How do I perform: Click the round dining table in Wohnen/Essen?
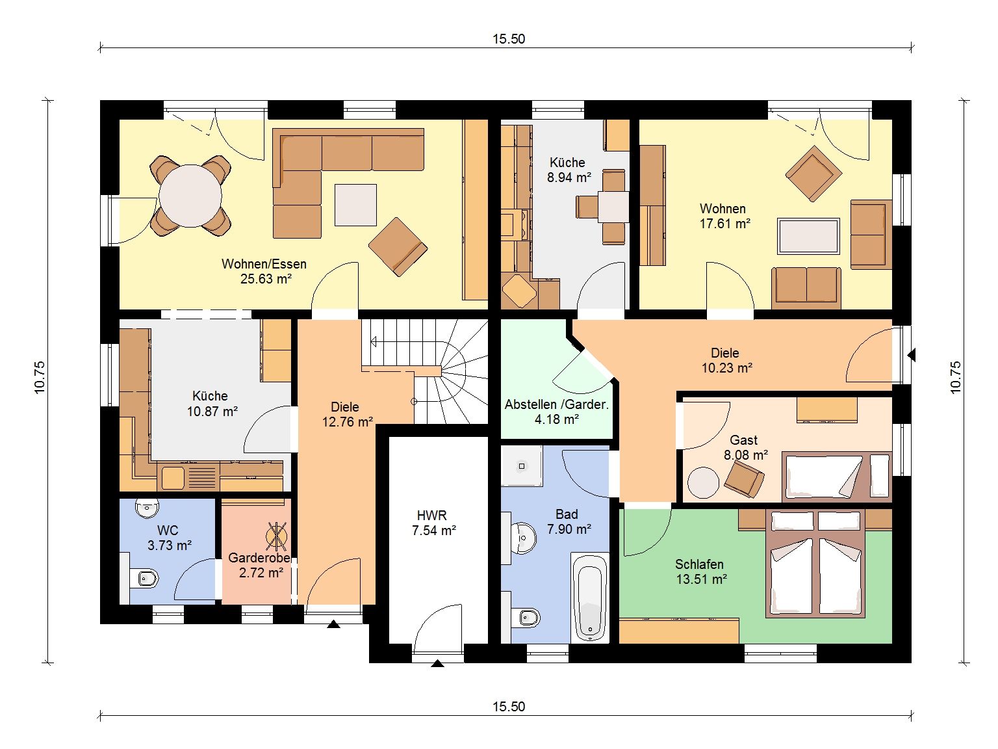coord(190,196)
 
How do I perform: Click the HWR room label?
coord(431,515)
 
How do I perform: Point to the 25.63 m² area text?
coord(266,279)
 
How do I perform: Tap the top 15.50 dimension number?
coord(509,39)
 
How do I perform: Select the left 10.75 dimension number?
coord(40,377)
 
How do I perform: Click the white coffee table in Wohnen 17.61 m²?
coord(808,236)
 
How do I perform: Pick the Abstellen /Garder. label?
coord(557,404)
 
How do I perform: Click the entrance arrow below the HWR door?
coord(437,663)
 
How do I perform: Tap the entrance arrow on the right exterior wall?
coord(911,355)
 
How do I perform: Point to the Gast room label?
coord(744,440)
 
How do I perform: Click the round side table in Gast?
coord(703,482)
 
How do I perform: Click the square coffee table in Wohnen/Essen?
coord(355,205)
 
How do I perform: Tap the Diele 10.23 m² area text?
coord(727,368)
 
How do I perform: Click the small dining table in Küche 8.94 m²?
coord(613,207)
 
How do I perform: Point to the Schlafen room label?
coord(699,564)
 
